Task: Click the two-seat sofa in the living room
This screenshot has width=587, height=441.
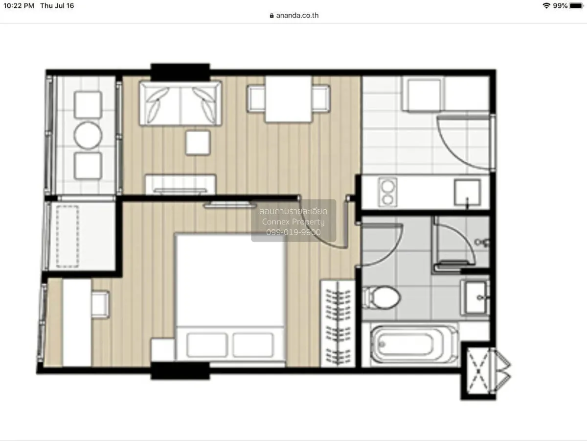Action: (180, 103)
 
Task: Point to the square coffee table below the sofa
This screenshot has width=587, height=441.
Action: (198, 143)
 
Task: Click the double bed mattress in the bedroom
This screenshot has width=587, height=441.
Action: (230, 279)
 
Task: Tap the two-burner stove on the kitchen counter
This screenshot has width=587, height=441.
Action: (388, 192)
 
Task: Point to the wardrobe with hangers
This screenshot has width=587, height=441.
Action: (338, 323)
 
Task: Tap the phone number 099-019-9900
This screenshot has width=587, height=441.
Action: (293, 232)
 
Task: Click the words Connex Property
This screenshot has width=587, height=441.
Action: (293, 222)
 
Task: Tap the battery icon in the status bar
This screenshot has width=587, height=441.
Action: (576, 6)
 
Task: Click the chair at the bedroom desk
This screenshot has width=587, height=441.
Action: (100, 304)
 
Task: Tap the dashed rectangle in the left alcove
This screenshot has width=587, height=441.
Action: (68, 236)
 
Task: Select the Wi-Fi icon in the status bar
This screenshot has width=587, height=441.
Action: (546, 6)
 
